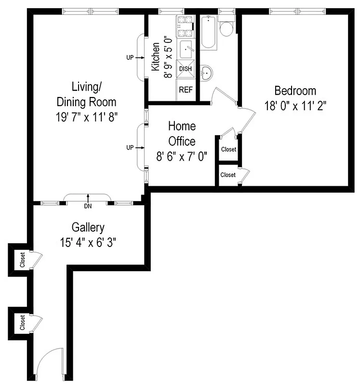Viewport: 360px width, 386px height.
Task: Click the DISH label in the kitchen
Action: coord(186,69)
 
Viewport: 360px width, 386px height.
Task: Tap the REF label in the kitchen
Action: coord(186,90)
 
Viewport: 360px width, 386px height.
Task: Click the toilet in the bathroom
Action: coord(226,28)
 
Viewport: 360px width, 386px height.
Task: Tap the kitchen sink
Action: coord(186,50)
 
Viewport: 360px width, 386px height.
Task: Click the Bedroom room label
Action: coord(295,90)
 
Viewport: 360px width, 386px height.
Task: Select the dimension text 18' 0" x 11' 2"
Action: coord(295,106)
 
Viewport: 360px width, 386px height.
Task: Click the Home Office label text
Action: coord(182,134)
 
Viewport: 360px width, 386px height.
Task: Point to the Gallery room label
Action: coord(88,227)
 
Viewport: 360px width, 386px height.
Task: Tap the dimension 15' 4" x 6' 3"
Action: coord(88,242)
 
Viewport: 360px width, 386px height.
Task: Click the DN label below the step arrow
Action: coord(87,206)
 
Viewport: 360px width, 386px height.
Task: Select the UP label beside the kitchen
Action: coord(130,58)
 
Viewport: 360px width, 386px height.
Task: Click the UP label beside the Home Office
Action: coord(130,148)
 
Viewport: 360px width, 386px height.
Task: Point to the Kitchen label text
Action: coord(156,57)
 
